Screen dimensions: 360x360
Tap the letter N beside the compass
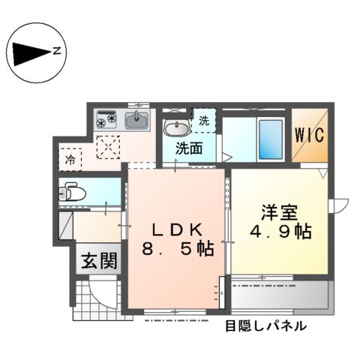click(x=57, y=52)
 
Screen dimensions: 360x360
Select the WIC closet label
click(x=310, y=136)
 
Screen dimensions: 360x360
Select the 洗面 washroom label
click(x=188, y=148)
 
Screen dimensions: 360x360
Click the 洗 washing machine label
click(x=204, y=120)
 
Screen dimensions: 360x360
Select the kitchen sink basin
click(x=136, y=119)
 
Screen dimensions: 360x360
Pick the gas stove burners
click(x=106, y=118)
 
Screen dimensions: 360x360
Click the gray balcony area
click(x=279, y=298)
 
